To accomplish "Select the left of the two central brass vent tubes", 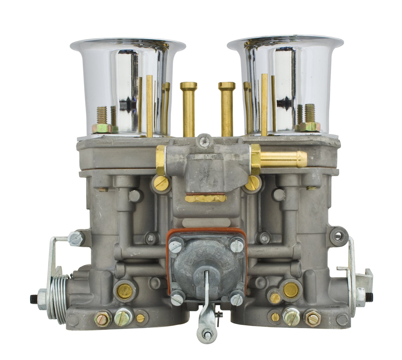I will pos(189,109).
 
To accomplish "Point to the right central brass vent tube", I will pos(227,109).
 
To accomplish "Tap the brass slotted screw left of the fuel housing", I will pos(161,183).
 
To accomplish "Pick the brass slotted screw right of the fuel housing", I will pos(253,183).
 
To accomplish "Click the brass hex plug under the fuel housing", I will pos(205,198).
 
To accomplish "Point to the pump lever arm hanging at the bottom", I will pos(207,318).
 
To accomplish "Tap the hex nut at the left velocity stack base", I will pos(101,128).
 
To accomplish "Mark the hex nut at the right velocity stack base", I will pos(310,127).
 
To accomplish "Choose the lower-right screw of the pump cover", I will pos(236,298).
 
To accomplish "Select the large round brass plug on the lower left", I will pos(125,291).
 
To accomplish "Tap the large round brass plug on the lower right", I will pos(291,290).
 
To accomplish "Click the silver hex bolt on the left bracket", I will pos(76,238).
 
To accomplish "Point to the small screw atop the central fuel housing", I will pos(205,141).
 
